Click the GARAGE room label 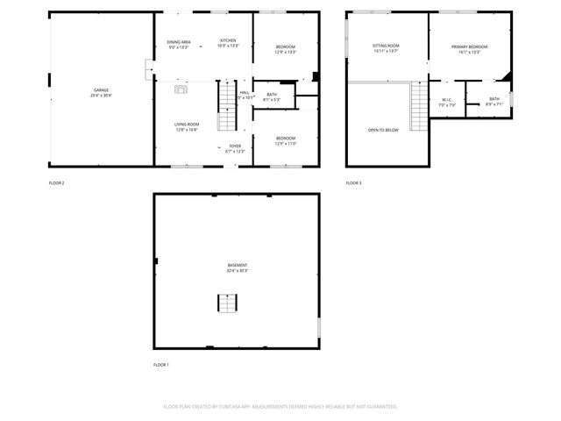[x=102, y=89]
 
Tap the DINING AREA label [x=179, y=41]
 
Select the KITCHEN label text [x=228, y=41]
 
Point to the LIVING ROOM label [x=186, y=125]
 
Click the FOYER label [x=235, y=146]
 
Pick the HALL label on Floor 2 [x=245, y=92]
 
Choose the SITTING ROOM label [x=386, y=46]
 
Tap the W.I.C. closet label [x=446, y=99]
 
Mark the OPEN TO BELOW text [x=383, y=130]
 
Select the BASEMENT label [x=237, y=265]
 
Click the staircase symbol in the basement [x=227, y=303]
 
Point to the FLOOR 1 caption [x=161, y=364]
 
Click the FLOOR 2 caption [x=57, y=182]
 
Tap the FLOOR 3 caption [x=353, y=182]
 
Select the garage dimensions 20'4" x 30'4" [x=102, y=95]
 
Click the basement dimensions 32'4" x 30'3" [x=237, y=270]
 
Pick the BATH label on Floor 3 [x=494, y=99]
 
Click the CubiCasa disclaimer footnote [x=280, y=406]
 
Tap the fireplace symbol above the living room [x=181, y=88]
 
